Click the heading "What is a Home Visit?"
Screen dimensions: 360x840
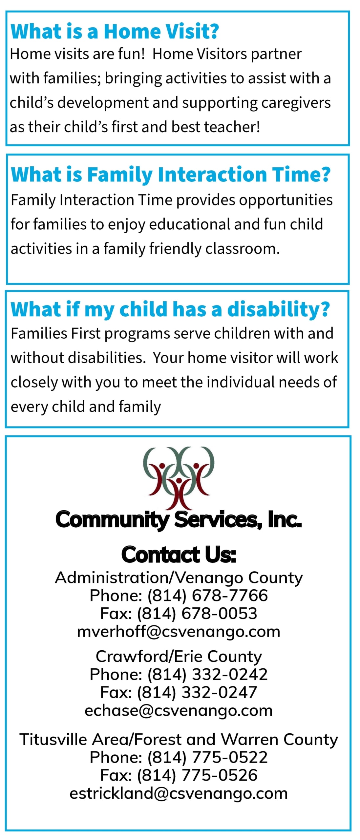pos(115,31)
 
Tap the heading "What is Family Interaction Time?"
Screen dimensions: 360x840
pos(171,175)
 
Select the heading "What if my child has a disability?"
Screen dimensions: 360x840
pos(170,309)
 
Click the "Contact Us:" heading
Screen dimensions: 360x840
pos(179,555)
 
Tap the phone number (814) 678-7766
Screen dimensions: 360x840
pos(208,596)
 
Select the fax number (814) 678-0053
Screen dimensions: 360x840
pos(197,613)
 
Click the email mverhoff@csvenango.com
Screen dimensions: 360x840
pos(179,632)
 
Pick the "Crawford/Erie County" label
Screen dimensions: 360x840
pos(179,657)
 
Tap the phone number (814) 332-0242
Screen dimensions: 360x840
pos(208,674)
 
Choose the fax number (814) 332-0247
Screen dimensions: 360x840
pos(197,692)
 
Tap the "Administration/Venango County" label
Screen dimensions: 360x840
pos(179,578)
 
